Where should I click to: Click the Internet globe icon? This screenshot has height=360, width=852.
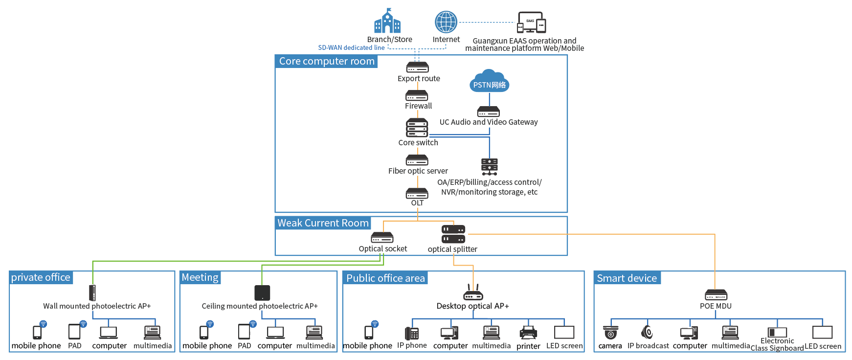[x=446, y=22]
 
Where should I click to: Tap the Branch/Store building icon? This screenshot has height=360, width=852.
[x=387, y=22]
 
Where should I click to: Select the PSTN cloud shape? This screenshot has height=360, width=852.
[x=489, y=81]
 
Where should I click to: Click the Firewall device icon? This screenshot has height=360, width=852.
[x=417, y=95]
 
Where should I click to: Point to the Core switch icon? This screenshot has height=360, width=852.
[x=417, y=128]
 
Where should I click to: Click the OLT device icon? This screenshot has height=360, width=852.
[x=417, y=194]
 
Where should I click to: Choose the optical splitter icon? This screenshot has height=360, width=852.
[x=453, y=234]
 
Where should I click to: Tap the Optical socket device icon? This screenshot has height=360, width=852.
[x=382, y=238]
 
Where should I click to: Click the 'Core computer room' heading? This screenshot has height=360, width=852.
[x=327, y=61]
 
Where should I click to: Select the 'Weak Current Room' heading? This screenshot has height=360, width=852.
[x=323, y=223]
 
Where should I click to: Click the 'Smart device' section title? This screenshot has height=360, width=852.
[x=627, y=278]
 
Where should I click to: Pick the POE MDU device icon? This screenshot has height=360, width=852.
[x=716, y=295]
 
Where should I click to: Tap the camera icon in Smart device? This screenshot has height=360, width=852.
[x=610, y=333]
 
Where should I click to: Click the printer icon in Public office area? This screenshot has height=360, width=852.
[x=528, y=333]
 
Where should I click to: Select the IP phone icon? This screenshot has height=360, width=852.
[x=412, y=333]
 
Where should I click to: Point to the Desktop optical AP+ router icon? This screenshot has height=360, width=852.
[x=473, y=293]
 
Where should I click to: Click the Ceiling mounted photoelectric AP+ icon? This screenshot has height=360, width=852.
[x=262, y=292]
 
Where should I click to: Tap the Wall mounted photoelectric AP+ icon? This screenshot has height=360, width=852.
[x=92, y=292]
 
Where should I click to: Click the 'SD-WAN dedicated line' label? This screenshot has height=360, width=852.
[x=351, y=47]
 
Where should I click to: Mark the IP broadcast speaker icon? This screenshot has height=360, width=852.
[x=648, y=332]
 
